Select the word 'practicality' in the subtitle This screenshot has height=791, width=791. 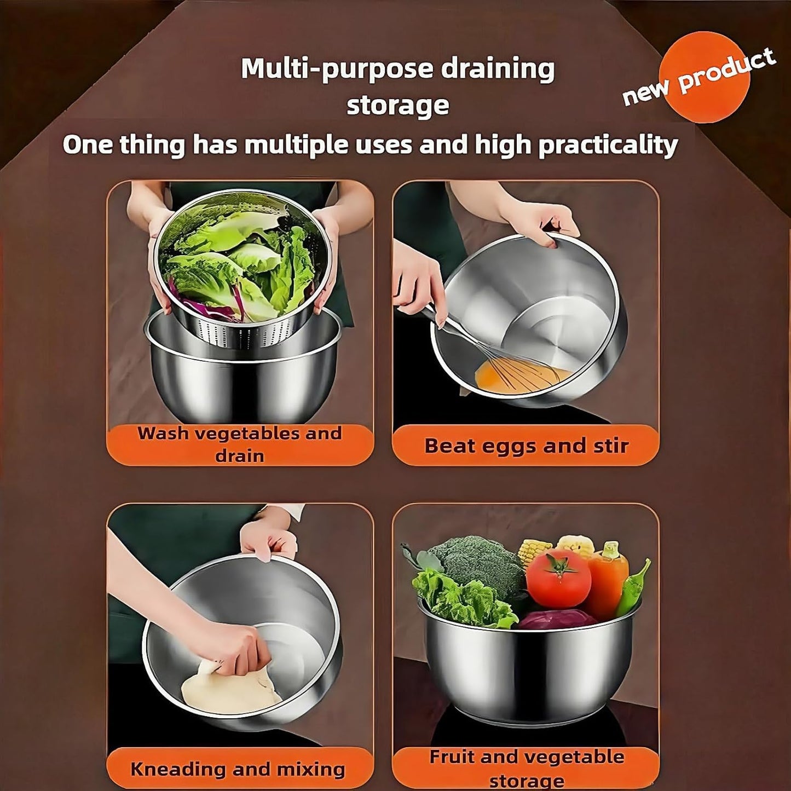(x=608, y=145)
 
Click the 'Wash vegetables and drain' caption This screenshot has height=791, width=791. (x=240, y=444)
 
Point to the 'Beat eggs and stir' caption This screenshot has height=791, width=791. (x=526, y=446)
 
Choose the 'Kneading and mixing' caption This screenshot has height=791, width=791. (x=238, y=769)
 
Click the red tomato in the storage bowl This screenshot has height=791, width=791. (x=558, y=579)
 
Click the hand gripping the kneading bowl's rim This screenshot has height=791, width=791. (x=268, y=539)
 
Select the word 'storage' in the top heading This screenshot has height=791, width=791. (x=397, y=105)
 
